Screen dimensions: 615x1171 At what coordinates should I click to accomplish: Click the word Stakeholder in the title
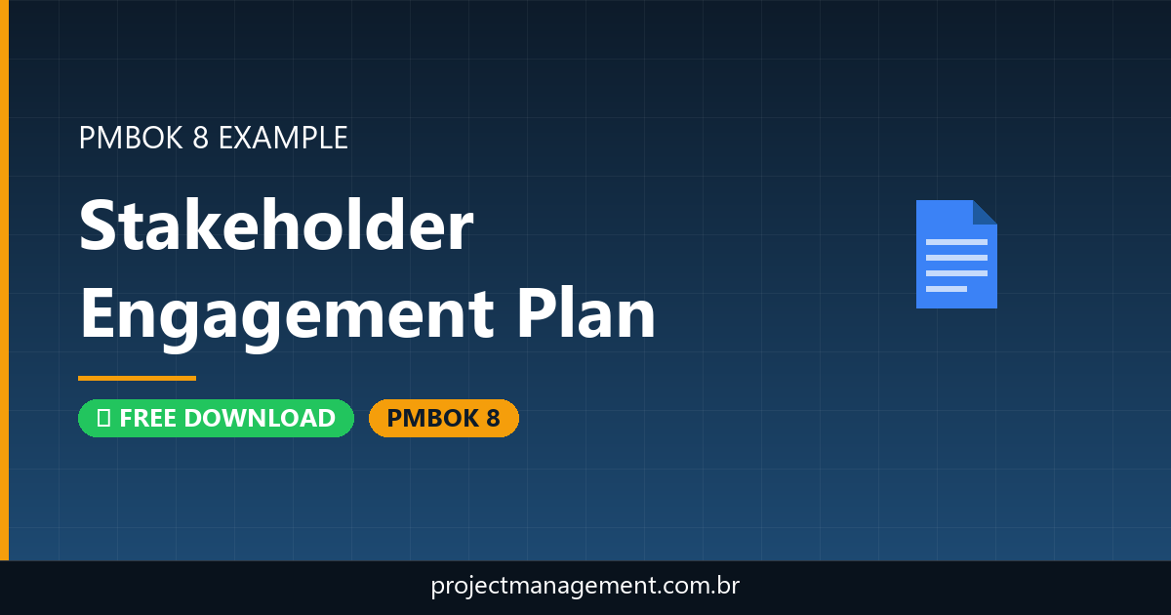tap(276, 225)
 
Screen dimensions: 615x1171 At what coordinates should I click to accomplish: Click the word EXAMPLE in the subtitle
tap(283, 138)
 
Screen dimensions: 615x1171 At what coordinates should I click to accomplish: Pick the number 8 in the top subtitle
tap(200, 138)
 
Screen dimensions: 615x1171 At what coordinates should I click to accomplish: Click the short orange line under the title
tap(137, 378)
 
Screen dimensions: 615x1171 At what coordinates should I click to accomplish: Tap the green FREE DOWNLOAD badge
tap(216, 418)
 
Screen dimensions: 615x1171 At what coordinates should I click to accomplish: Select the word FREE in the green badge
tap(148, 418)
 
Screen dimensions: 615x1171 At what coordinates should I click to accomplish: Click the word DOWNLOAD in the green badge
tap(260, 418)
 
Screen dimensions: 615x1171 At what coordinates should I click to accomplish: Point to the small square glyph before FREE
tap(103, 418)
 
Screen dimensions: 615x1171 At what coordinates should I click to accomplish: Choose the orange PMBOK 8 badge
tap(443, 418)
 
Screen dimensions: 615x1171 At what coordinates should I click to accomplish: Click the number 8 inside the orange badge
tap(492, 418)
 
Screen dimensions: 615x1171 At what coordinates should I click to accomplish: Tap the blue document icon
tap(956, 254)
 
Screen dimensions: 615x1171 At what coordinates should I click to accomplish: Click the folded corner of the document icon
tap(985, 212)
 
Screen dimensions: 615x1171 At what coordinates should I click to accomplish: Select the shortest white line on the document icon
tap(946, 289)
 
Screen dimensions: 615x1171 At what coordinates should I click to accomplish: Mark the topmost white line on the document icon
tap(956, 241)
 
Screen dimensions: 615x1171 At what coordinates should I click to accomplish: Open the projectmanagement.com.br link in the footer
tap(585, 587)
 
